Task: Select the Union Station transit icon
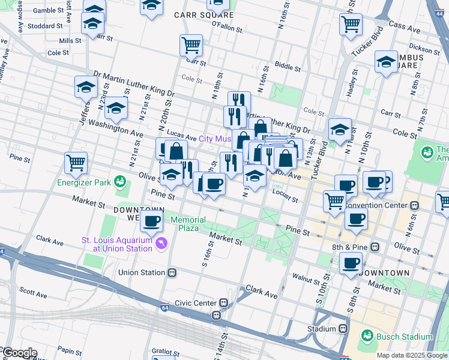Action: [x=172, y=272]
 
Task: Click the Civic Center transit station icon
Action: [x=223, y=303]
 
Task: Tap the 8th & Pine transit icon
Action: [x=375, y=247]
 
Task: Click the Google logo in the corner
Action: [x=19, y=353]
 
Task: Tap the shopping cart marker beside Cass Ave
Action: [x=351, y=25]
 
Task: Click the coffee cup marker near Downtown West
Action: [x=152, y=220]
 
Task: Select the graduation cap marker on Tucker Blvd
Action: [x=339, y=129]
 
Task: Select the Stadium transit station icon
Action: [x=343, y=329]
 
